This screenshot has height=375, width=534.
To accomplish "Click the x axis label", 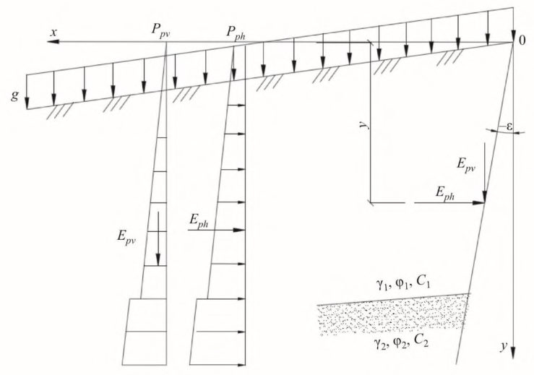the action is click(x=53, y=33).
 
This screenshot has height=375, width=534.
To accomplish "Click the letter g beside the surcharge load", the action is click(x=14, y=95).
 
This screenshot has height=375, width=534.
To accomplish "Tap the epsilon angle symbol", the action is click(x=509, y=126).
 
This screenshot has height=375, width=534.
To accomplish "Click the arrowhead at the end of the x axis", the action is click(x=53, y=42).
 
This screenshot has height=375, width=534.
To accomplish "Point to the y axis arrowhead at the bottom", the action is click(x=513, y=353).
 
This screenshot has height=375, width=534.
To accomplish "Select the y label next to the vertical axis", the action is click(x=504, y=346).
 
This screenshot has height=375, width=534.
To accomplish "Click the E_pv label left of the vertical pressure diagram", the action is click(x=126, y=237).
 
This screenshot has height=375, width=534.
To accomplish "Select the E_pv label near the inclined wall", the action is click(x=466, y=165).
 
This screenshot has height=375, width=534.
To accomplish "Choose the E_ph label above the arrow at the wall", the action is click(x=445, y=194).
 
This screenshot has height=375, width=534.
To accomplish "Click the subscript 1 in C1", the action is click(x=428, y=286).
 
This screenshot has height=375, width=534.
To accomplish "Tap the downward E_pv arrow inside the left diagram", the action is click(x=158, y=238).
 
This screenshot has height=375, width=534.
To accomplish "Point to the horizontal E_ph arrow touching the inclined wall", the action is click(x=449, y=203).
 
